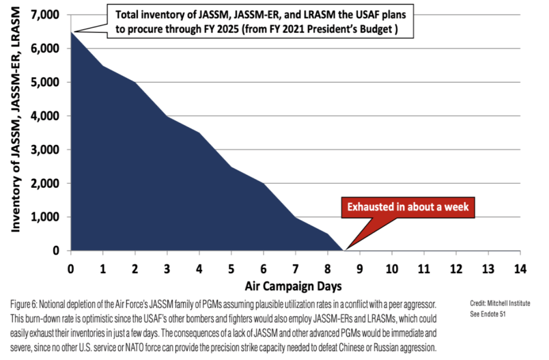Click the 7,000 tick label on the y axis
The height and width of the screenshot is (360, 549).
[46, 14]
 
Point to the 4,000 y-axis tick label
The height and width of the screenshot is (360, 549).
[46, 115]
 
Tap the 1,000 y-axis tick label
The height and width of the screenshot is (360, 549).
[46, 217]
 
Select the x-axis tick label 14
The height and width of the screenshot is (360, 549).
[520, 267]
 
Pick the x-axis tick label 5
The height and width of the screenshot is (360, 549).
[231, 267]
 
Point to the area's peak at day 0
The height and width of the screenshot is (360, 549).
[71, 31]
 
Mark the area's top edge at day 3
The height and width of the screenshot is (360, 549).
[167, 116]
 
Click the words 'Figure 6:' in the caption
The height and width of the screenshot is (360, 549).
[25, 303]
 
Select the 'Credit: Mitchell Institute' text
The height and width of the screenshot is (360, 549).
[500, 303]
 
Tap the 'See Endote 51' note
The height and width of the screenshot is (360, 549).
[490, 315]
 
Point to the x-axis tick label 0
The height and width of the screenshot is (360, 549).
[71, 267]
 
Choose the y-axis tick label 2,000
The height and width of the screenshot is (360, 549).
[46, 183]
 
